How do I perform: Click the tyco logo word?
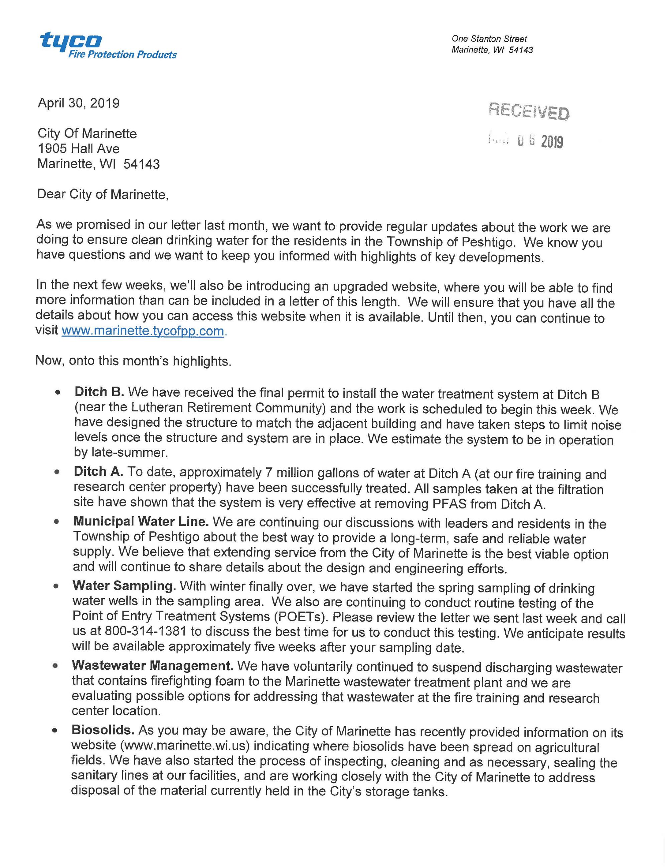(x=71, y=41)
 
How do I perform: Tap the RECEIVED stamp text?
(x=529, y=112)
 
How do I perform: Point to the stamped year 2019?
(x=552, y=142)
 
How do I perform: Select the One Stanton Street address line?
(x=489, y=39)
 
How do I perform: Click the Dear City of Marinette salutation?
(x=103, y=194)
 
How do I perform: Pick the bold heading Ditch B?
(x=100, y=392)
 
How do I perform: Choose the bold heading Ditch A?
(x=98, y=472)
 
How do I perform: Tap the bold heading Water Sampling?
(x=124, y=586)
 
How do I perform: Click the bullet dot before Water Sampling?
(x=56, y=586)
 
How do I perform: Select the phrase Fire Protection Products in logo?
(x=123, y=55)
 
